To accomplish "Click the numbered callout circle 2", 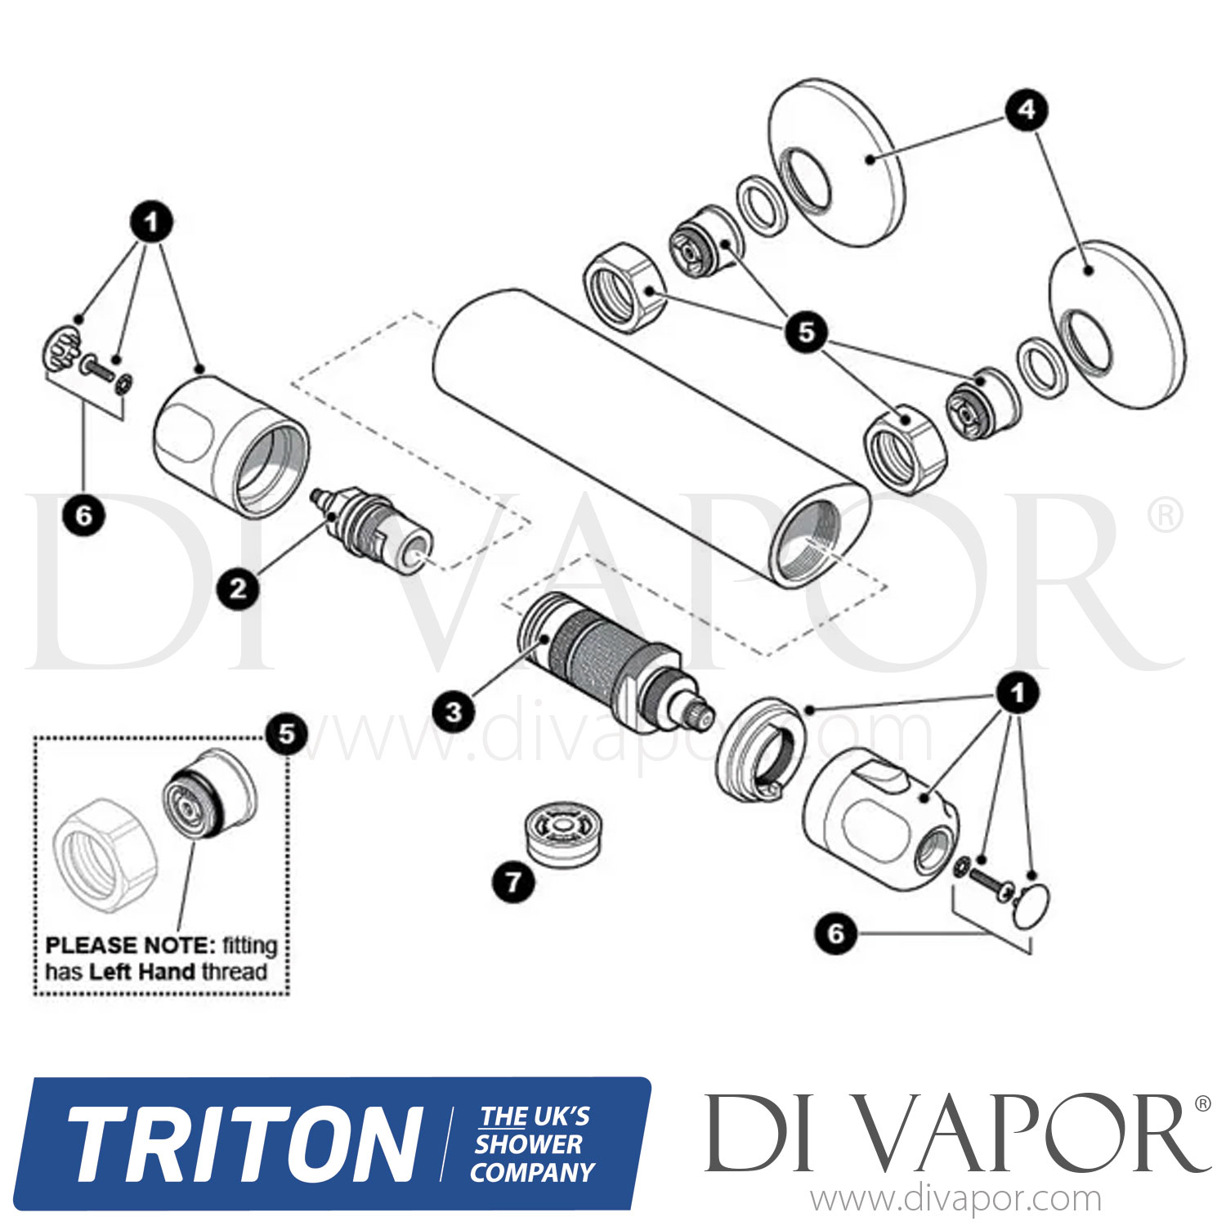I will tap(238, 588).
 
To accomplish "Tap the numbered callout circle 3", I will tap(454, 711).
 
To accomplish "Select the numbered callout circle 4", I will tap(1027, 110).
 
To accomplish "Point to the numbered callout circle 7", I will tap(513, 882).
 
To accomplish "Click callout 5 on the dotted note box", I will tap(286, 733).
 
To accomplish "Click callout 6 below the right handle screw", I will tap(835, 933).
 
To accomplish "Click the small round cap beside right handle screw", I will tap(1031, 906).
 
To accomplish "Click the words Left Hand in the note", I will tap(141, 972).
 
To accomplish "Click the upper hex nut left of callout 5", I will tap(626, 288).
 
